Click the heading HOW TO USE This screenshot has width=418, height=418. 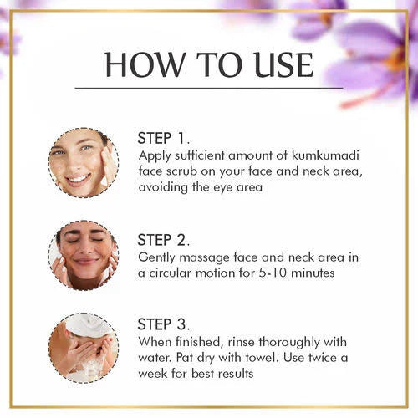tap(208, 64)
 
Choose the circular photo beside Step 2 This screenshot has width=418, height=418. tap(83, 255)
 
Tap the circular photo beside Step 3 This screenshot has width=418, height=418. tap(83, 347)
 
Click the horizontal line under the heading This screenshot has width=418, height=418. tap(208, 87)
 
